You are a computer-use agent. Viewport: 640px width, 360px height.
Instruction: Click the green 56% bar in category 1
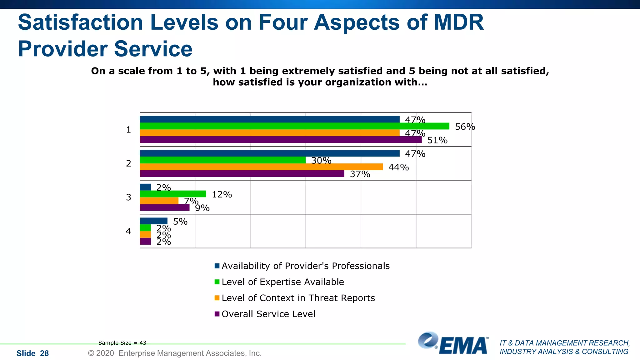(294, 126)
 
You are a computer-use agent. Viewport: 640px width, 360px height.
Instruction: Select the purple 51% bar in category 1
(281, 140)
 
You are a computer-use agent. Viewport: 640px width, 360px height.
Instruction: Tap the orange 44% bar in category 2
(261, 167)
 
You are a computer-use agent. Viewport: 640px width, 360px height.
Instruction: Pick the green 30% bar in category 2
(222, 160)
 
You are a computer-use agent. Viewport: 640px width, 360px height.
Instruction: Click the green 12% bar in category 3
(173, 194)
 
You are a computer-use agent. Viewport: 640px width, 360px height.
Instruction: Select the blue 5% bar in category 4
(153, 221)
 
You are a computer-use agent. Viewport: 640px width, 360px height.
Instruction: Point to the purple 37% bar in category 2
(242, 174)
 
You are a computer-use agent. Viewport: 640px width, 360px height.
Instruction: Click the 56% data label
(465, 127)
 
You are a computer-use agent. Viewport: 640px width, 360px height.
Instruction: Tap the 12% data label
(222, 195)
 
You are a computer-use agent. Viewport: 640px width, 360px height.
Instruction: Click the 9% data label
(202, 208)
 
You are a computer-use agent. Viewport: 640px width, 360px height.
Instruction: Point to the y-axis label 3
(128, 197)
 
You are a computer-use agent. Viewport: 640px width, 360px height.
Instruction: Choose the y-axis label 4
(128, 231)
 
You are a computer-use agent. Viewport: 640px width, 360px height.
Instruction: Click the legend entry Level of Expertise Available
(282, 282)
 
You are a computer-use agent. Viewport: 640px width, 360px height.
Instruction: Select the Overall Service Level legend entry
(268, 314)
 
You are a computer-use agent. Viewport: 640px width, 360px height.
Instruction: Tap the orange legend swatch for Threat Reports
(217, 298)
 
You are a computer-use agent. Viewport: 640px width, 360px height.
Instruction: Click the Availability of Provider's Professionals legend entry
(305, 266)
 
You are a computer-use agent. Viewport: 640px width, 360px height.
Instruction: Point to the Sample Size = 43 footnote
(122, 343)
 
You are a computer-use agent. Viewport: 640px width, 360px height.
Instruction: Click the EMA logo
(453, 344)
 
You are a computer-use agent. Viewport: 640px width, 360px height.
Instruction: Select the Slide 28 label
(32, 353)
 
